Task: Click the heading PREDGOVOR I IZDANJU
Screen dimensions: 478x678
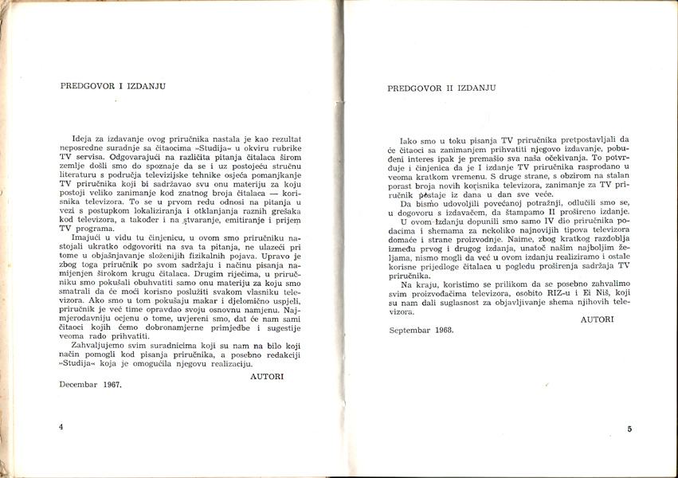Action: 112,86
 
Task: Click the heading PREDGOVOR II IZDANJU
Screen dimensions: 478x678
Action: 443,89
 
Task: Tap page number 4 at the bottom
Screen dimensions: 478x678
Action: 61,427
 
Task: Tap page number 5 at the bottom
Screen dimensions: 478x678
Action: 629,429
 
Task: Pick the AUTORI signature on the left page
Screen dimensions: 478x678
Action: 266,374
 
